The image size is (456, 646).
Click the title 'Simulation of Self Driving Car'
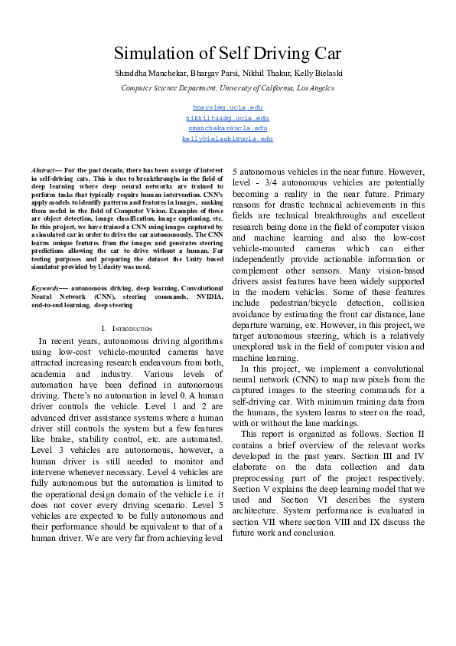click(227, 54)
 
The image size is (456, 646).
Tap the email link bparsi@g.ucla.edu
click(228, 108)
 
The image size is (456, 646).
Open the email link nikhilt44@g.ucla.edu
click(228, 118)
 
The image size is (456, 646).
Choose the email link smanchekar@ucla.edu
click(228, 129)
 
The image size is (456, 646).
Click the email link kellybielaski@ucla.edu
click(228, 139)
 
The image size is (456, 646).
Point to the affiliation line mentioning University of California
click(227, 88)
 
